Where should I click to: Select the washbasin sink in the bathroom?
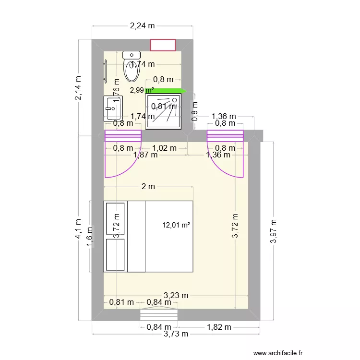pos(113,108)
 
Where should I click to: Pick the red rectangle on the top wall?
pos(164,45)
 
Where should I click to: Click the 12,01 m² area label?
pos(177,224)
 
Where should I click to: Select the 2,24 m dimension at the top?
pos(143,26)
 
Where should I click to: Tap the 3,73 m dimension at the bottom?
pos(176,334)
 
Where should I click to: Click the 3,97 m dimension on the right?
pos(274,231)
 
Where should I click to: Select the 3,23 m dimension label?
pos(176,296)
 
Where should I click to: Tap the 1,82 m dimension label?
pos(219,327)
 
